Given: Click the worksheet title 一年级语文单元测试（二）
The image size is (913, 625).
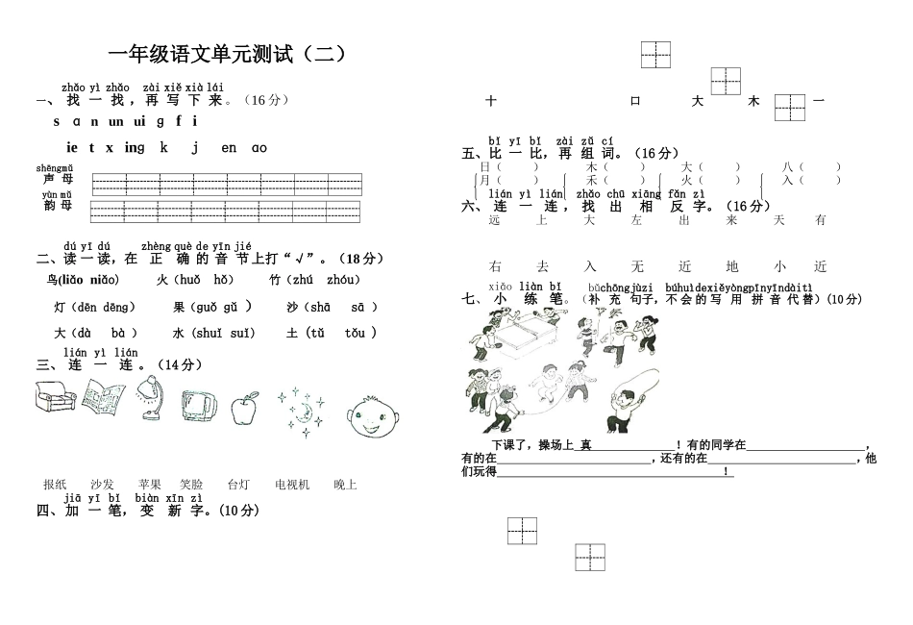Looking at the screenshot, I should point(227,55).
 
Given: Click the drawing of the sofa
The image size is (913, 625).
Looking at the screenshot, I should point(55,402).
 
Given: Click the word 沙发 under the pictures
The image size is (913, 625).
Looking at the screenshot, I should point(102,485).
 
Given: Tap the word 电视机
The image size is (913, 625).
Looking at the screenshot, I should point(292,485).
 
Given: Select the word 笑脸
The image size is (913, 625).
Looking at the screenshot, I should point(191,485).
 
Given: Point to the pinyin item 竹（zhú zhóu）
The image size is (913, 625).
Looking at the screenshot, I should point(315,280).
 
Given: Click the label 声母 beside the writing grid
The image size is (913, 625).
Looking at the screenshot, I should point(57,179).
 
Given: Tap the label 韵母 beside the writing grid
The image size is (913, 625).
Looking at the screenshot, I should point(57,205).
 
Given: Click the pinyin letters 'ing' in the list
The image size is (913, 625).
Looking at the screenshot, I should point(134,147).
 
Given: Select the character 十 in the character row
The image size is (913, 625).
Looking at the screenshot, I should point(491,100).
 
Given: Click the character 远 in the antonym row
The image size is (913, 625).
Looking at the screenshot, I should point(495,220).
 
